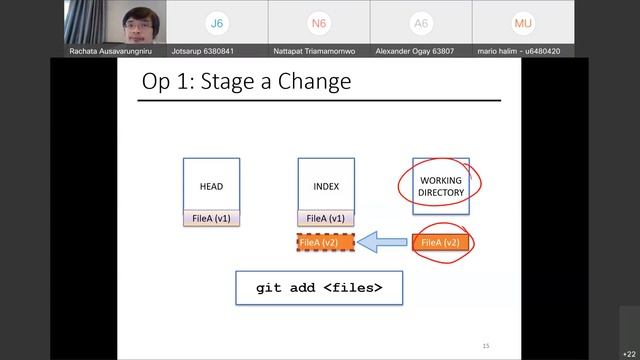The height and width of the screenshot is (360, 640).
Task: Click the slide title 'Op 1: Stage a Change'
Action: (x=245, y=81)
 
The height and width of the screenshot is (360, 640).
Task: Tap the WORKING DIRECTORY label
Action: (x=440, y=186)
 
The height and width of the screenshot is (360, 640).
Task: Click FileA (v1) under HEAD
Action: (x=211, y=218)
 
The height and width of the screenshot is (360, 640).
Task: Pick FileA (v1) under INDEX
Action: (x=326, y=218)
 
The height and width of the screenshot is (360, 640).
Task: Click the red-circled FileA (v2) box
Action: (x=440, y=242)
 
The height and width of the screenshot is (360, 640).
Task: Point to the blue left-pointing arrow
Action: (x=382, y=242)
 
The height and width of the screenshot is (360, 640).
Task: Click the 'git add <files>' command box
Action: (x=319, y=288)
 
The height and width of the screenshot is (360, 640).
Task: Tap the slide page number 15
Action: (x=486, y=346)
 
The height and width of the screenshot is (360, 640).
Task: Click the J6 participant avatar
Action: (x=216, y=22)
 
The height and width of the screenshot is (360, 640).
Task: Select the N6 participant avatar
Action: (x=319, y=22)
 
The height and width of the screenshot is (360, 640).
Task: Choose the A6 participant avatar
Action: (x=421, y=22)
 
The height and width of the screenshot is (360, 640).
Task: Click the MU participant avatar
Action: (x=523, y=22)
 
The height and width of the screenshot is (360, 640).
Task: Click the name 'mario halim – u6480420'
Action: (x=519, y=51)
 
